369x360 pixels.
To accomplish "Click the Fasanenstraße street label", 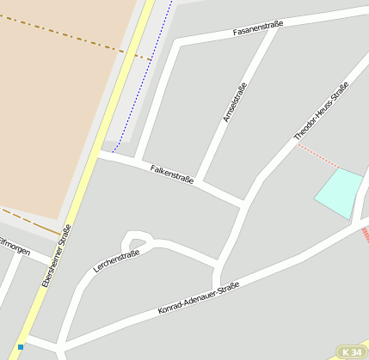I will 258,32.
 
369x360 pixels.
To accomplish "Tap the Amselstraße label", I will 234,102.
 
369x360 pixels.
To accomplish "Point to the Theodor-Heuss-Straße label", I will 321,112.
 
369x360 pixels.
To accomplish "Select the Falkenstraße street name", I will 172,174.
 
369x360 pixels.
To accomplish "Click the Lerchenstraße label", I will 116,260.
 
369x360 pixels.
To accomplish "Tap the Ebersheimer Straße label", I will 57,255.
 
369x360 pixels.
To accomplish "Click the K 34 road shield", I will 350,352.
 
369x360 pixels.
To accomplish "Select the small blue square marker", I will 21,347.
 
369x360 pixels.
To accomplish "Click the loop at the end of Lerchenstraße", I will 137,241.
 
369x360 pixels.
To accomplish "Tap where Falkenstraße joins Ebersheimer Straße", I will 100,154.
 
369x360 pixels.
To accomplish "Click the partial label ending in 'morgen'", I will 15,250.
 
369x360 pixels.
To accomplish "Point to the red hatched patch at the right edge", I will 365,234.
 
